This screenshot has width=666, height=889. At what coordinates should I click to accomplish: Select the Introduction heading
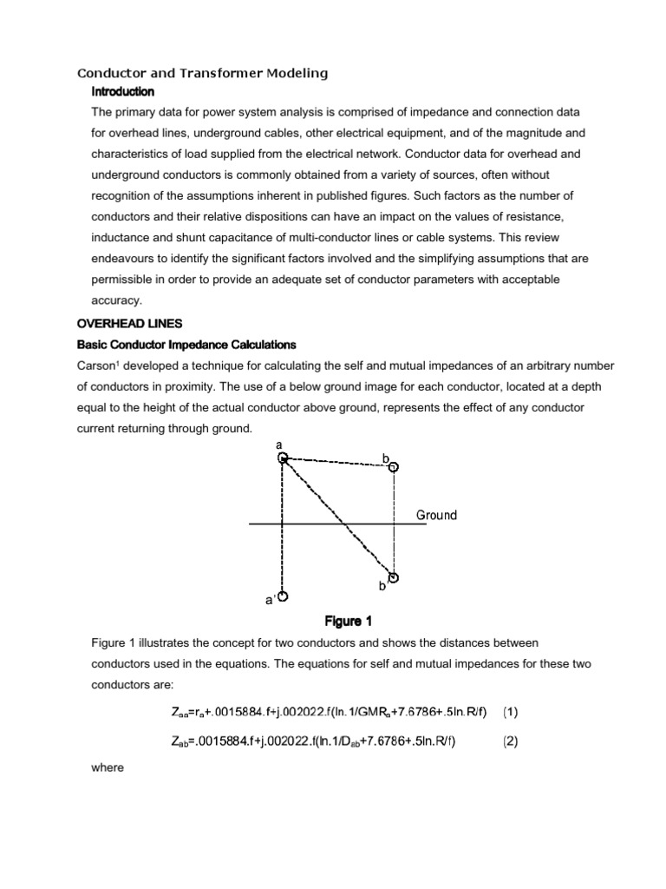point(123,92)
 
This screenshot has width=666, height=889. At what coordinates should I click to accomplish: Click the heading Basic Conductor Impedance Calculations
point(187,345)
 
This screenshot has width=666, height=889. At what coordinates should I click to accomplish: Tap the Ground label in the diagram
point(436,515)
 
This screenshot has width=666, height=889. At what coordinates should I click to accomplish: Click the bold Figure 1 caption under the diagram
point(348,621)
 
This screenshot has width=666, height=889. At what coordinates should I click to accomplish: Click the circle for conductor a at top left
point(282,458)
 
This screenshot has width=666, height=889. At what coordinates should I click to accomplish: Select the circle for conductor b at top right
point(393,466)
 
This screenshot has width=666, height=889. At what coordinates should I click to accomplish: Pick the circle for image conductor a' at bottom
point(282,596)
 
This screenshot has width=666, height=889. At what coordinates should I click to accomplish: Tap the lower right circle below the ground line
point(394,577)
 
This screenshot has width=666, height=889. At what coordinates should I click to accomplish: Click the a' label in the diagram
point(269,599)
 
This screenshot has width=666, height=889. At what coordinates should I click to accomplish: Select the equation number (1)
point(511,712)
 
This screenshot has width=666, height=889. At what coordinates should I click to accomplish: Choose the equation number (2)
point(511,741)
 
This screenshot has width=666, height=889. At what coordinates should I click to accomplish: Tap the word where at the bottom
point(108,768)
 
